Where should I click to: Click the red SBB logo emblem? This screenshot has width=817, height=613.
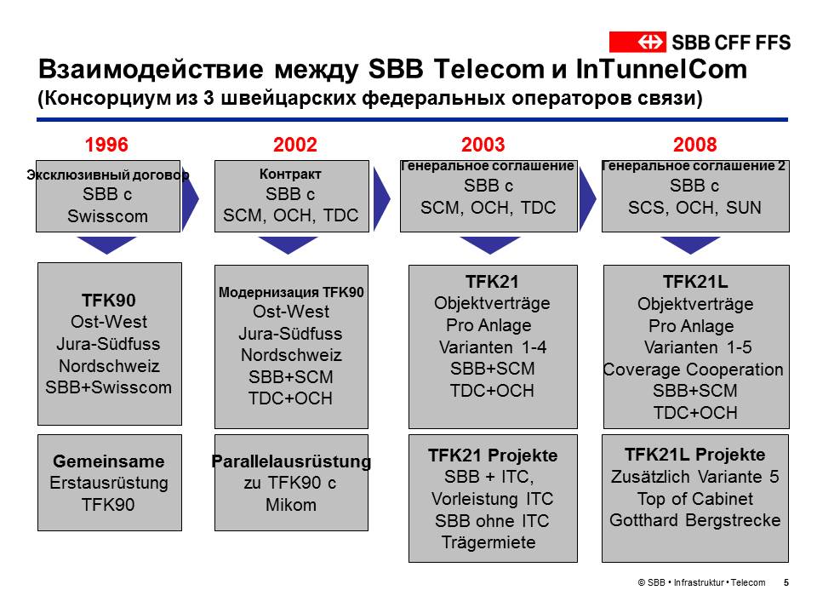coord(637,42)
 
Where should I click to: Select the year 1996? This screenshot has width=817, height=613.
coord(106,145)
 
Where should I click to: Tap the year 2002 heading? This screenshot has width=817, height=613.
coord(295,145)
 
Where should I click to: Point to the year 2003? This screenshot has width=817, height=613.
coord(483,145)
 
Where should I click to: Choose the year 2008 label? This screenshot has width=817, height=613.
coord(695,145)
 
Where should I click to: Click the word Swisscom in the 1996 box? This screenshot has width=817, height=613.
coord(107,215)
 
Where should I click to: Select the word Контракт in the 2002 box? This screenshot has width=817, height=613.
coord(290,174)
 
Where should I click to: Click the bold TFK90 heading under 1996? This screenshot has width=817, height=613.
coord(108,301)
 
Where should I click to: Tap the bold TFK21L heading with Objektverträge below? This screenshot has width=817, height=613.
coord(695,282)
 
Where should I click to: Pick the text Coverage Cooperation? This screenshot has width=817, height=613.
coord(693,370)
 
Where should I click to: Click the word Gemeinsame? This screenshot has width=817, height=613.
coord(109,461)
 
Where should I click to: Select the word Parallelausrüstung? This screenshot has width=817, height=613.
coord(291,461)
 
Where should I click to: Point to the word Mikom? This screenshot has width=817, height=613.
coord(291,505)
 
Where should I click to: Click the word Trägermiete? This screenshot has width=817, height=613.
coord(488,542)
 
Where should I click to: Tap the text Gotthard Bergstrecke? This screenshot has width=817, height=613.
coord(695,519)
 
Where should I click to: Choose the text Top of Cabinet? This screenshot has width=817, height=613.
coord(695,499)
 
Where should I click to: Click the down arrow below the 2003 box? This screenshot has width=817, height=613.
coord(490,245)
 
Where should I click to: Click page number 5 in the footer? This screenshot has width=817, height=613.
coord(786,582)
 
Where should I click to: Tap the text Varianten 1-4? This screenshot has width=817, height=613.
coord(493,347)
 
